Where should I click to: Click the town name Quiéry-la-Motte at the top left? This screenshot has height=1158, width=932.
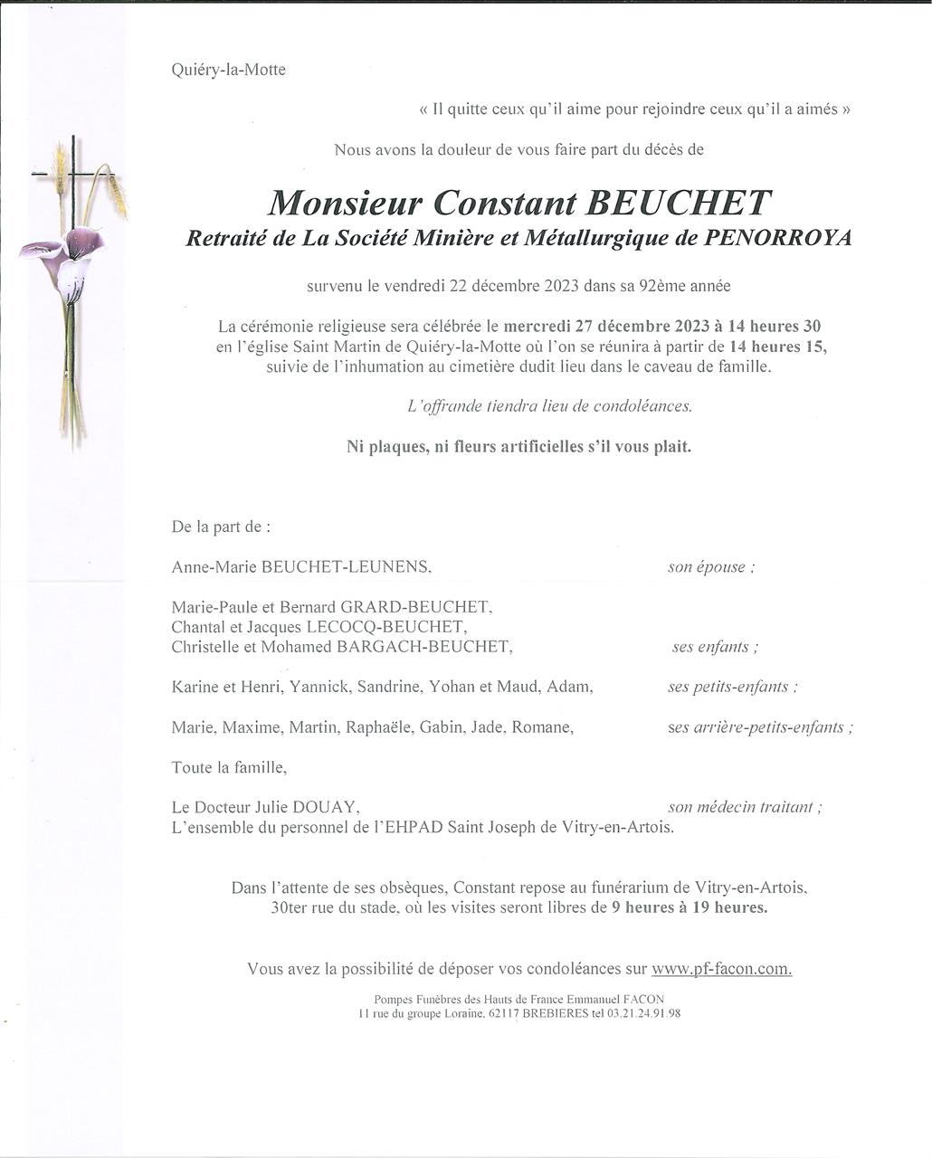pyautogui.click(x=228, y=70)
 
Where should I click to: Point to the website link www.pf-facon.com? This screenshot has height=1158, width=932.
pyautogui.click(x=721, y=969)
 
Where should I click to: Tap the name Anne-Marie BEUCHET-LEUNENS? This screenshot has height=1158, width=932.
pyautogui.click(x=300, y=567)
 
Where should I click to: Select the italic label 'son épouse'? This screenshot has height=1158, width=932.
pyautogui.click(x=709, y=567)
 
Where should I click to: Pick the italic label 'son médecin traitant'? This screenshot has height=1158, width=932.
pyautogui.click(x=743, y=807)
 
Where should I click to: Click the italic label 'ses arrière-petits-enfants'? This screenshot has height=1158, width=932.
pyautogui.click(x=758, y=727)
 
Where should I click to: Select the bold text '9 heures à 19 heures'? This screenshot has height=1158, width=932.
pyautogui.click(x=689, y=907)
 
